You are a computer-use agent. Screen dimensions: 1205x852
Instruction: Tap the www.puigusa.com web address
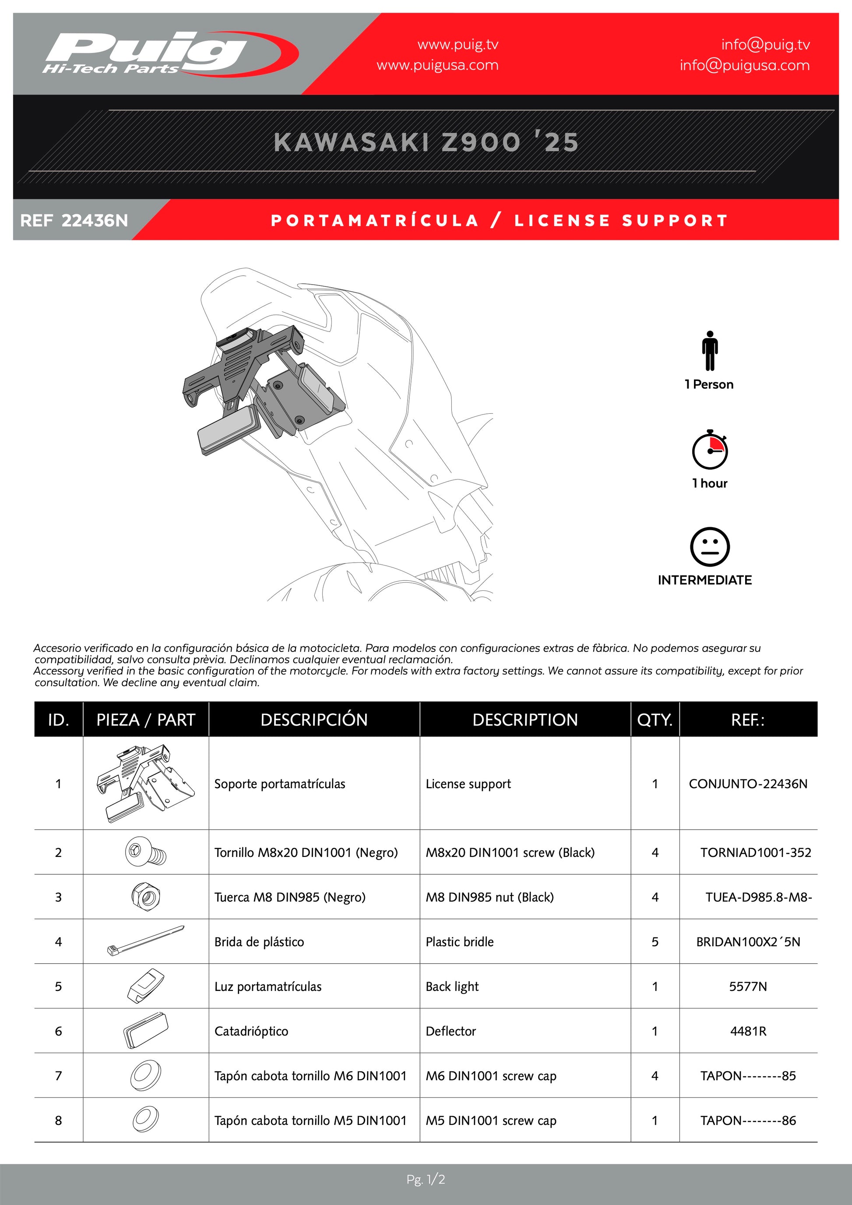click(437, 66)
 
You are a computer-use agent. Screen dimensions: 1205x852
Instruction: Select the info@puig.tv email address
click(765, 45)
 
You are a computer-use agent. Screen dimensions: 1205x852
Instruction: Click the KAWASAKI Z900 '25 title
click(426, 142)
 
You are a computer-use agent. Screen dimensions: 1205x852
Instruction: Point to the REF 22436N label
click(74, 220)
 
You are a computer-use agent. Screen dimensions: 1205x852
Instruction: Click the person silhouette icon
click(709, 351)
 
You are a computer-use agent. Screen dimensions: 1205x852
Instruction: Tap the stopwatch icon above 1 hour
click(709, 449)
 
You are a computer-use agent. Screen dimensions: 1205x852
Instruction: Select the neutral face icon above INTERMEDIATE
click(709, 546)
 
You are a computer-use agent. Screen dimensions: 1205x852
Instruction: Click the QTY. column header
click(655, 719)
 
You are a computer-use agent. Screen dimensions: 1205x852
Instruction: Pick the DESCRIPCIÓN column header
click(314, 719)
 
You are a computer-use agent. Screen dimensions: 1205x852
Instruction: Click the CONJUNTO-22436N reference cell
click(748, 784)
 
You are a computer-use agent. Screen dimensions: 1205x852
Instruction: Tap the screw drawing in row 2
click(145, 852)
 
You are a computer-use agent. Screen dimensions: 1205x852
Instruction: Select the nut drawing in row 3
click(145, 896)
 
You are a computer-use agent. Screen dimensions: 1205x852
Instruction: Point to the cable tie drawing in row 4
click(145, 941)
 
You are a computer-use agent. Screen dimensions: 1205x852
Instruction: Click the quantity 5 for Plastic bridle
click(655, 942)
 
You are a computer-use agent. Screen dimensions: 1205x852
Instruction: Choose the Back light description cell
click(452, 987)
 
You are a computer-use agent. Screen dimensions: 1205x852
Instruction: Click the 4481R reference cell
click(748, 1031)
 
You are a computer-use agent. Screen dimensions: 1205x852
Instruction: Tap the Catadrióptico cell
click(251, 1031)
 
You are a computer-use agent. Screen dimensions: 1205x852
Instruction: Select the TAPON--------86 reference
click(748, 1120)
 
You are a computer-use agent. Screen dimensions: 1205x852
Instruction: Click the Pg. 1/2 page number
click(426, 1180)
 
